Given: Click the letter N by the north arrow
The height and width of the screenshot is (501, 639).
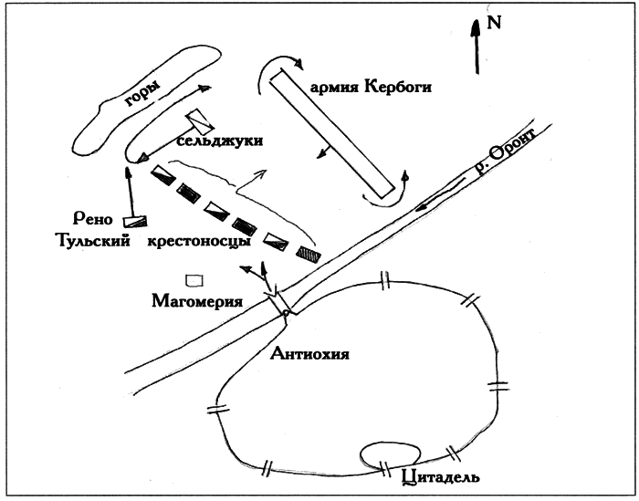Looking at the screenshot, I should (495, 23).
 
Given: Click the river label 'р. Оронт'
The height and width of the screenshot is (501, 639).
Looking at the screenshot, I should (503, 160).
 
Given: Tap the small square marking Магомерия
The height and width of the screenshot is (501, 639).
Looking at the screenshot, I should (194, 279).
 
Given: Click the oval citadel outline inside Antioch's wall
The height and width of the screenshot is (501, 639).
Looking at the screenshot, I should (390, 453).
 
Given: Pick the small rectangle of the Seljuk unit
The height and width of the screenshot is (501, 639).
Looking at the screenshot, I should (199, 124).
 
